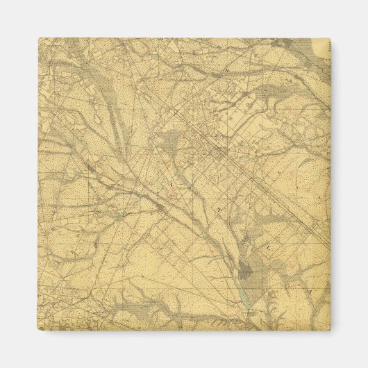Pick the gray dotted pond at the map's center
click(x=170, y=144)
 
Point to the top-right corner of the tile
click(x=331, y=39)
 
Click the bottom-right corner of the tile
click(x=331, y=331)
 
